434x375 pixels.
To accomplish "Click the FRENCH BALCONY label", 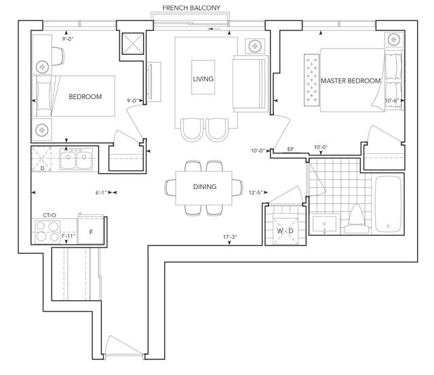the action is click(191, 8).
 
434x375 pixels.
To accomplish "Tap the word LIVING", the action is click(203, 79).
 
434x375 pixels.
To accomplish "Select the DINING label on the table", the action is click(205, 186).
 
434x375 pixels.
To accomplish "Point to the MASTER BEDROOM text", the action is click(351, 81).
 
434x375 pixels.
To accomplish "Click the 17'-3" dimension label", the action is click(231, 237).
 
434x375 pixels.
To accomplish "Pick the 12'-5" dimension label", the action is click(256, 193).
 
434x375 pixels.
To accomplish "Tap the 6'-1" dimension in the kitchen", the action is click(101, 193).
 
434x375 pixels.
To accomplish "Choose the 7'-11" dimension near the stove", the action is click(68, 236).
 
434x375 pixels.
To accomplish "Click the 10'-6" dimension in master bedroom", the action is click(392, 100).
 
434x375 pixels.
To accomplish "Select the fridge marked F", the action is click(91, 231).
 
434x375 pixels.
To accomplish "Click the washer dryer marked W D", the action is click(285, 231).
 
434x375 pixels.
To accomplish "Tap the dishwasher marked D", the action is click(42, 159).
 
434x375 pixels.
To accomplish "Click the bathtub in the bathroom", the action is click(388, 204).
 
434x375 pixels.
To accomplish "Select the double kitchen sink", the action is click(76, 159).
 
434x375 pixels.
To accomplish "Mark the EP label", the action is click(290, 149).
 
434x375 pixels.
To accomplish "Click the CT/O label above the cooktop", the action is click(50, 215).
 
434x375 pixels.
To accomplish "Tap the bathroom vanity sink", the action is click(325, 224).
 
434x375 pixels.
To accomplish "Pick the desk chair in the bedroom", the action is click(58, 56).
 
